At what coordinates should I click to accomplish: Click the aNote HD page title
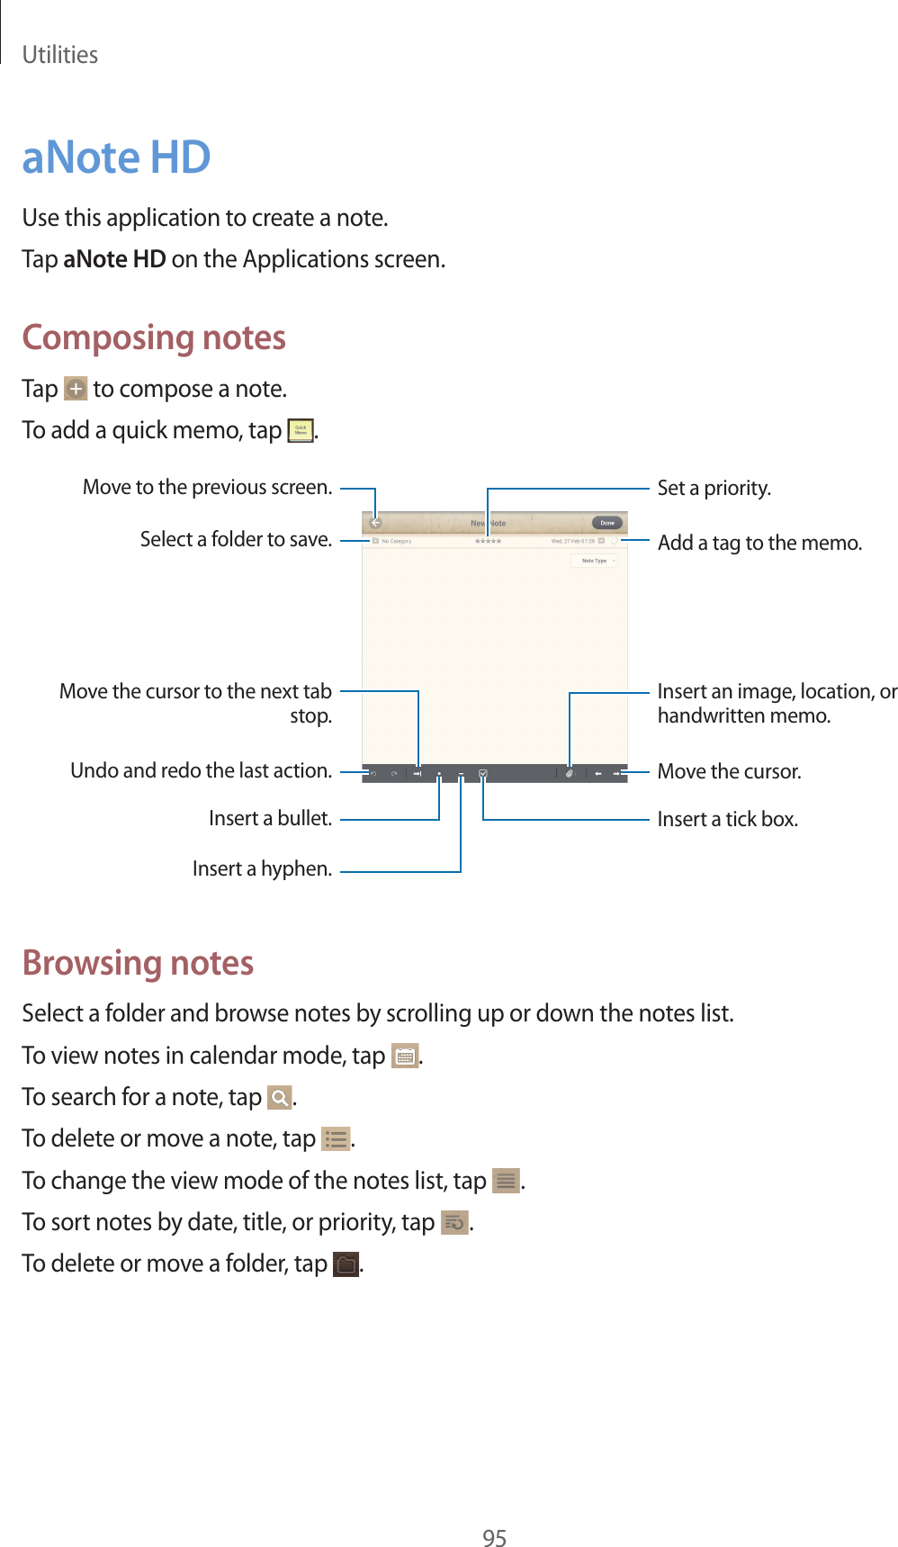[116, 157]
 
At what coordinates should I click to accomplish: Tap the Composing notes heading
[154, 337]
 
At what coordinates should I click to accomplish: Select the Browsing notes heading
[138, 963]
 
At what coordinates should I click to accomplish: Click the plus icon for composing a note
[76, 389]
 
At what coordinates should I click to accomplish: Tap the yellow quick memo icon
[301, 431]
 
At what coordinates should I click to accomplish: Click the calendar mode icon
[405, 1056]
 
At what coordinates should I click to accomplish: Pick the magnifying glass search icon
[280, 1098]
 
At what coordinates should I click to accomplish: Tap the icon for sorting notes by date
[454, 1223]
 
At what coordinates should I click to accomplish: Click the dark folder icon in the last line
[346, 1264]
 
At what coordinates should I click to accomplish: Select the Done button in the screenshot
[607, 523]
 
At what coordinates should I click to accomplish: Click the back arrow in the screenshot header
[376, 523]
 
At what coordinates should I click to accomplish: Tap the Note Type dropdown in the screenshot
[595, 561]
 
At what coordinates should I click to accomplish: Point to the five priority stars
[488, 541]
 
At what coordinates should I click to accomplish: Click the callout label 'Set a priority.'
[714, 488]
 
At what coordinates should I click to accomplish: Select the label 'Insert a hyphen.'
[262, 868]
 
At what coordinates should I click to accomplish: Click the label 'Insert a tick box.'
[727, 819]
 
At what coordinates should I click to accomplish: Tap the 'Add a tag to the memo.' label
[759, 543]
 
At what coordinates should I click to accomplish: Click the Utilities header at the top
[60, 55]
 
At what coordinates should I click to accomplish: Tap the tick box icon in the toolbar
[483, 773]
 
